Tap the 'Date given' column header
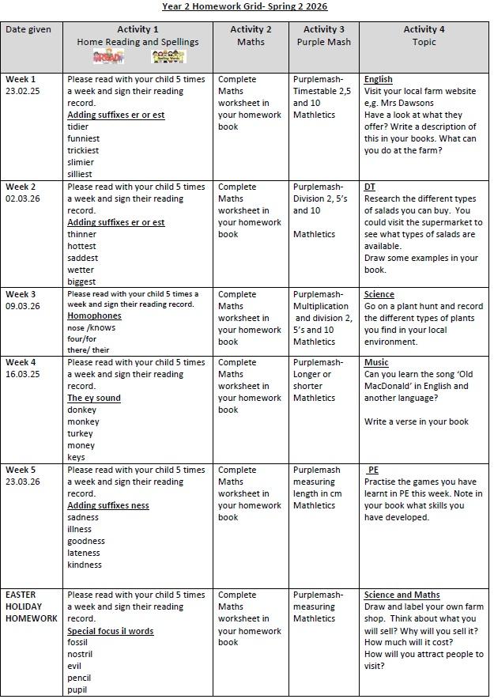tap(28, 30)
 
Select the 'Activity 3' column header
tap(323, 30)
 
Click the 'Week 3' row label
tap(21, 294)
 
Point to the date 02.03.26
tap(24, 198)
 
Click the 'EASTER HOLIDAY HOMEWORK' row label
tap(31, 606)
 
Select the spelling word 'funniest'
tap(84, 138)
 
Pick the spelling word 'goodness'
tap(86, 541)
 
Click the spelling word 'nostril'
tap(80, 654)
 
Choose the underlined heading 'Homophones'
tap(94, 316)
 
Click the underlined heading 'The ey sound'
tap(93, 398)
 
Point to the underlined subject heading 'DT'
tap(369, 187)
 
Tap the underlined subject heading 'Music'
tap(376, 362)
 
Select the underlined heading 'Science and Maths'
tap(402, 595)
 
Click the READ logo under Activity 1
tap(108, 57)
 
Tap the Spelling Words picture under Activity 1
tap(168, 57)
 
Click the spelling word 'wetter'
tap(81, 270)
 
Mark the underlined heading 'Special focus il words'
tap(110, 631)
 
